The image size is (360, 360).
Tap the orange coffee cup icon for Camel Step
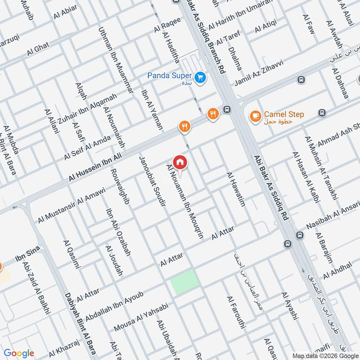click(255, 116)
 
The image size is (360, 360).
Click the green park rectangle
click(184, 282)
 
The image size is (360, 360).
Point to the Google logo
click(19, 353)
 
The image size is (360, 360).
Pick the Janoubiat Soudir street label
click(153, 181)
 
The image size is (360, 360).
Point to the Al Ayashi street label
click(289, 306)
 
